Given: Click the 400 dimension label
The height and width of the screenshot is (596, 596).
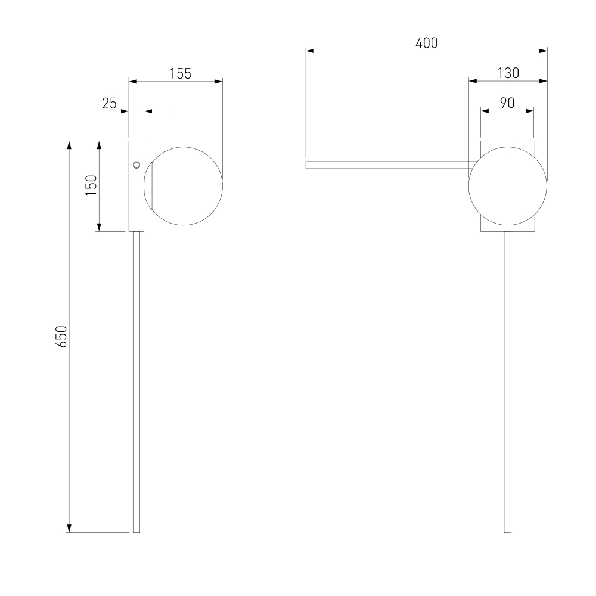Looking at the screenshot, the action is [427, 43].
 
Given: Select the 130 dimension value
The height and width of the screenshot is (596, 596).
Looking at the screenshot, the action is [508, 73].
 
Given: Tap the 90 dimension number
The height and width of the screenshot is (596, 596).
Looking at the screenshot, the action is [507, 103].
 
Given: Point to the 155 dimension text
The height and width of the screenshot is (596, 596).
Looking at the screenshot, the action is [180, 74].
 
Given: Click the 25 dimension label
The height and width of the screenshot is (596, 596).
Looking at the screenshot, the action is [109, 103].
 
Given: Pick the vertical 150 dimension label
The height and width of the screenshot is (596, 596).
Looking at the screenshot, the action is [91, 185].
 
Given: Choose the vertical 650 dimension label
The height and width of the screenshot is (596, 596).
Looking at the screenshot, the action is [61, 336].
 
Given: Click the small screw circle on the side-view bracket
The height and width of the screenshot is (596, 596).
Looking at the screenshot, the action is [136, 164].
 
